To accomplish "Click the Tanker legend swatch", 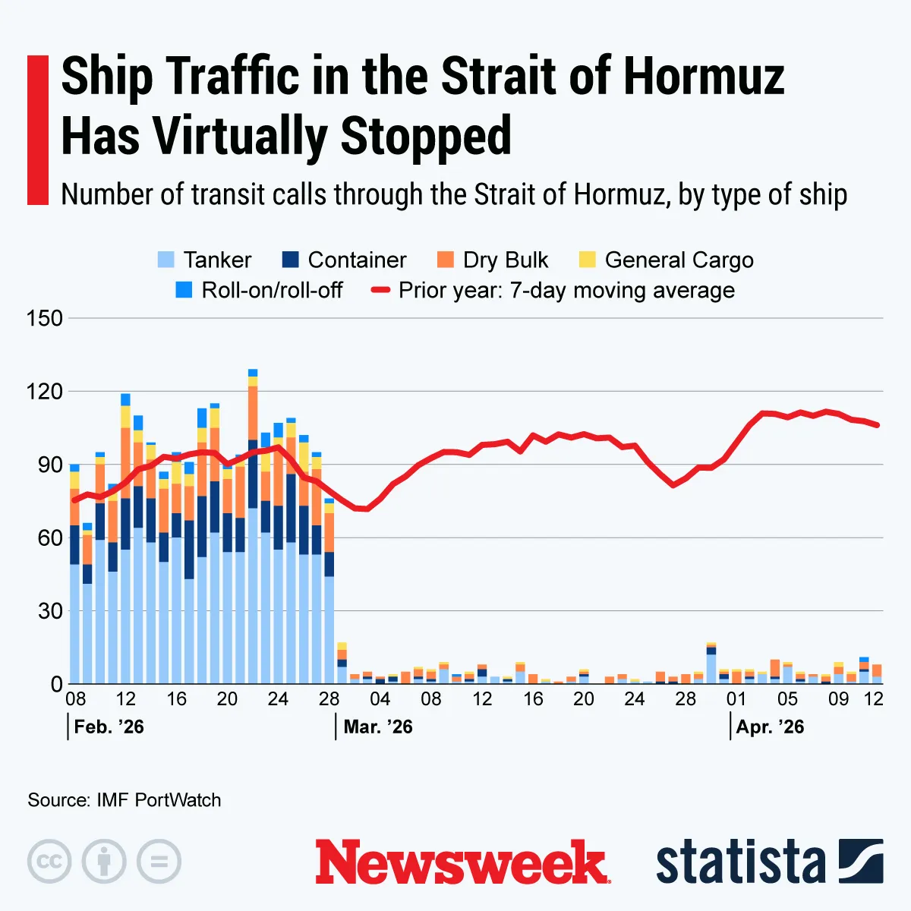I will (x=165, y=260).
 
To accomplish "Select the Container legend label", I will (x=357, y=260).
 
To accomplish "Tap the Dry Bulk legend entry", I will (x=505, y=260).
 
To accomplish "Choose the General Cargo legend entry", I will (x=679, y=260).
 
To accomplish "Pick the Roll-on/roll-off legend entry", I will (x=272, y=290).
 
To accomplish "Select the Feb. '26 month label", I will (x=109, y=727).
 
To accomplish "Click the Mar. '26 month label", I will (x=378, y=727).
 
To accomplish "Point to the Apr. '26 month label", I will (x=770, y=727).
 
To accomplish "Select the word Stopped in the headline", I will (x=426, y=137).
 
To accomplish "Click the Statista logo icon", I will (x=861, y=862).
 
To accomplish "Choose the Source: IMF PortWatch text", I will (x=125, y=800).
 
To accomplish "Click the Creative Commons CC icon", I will (x=49, y=862).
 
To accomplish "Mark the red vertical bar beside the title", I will (x=37, y=130).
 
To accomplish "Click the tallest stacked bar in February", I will (x=253, y=531).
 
